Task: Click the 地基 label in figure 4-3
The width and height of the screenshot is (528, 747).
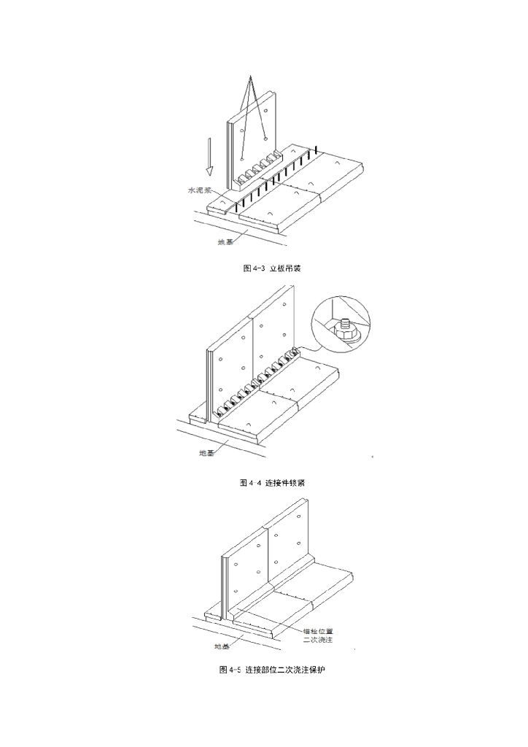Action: tap(225, 242)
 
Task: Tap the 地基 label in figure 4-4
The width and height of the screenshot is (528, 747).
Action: tap(207, 453)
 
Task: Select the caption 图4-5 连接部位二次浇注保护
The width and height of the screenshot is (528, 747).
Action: tap(271, 669)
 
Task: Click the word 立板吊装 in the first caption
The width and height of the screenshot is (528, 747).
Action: tap(285, 268)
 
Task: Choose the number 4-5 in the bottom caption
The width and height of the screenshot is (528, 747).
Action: tap(236, 669)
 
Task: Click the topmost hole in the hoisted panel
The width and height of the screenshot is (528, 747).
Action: tap(267, 112)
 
